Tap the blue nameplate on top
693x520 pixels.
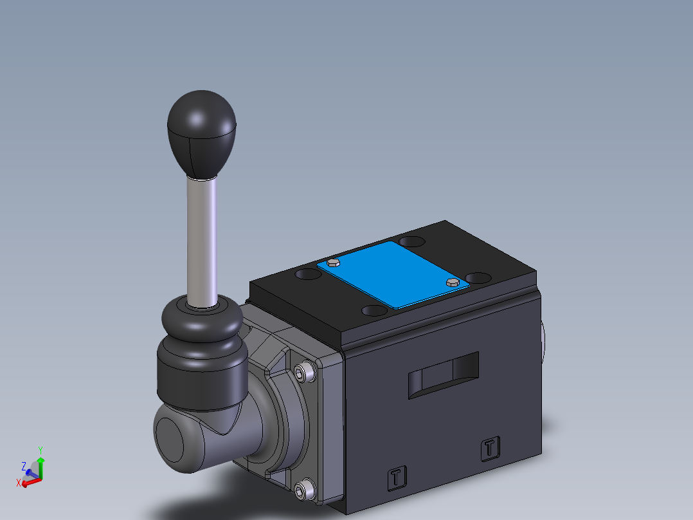tap(393, 274)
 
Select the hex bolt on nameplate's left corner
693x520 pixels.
tap(333, 262)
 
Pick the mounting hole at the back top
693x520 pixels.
tap(411, 242)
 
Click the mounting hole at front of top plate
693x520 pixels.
tap(375, 311)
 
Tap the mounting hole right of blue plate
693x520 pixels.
tap(479, 278)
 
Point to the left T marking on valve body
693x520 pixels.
tap(397, 477)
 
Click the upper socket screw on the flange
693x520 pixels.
tap(305, 372)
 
